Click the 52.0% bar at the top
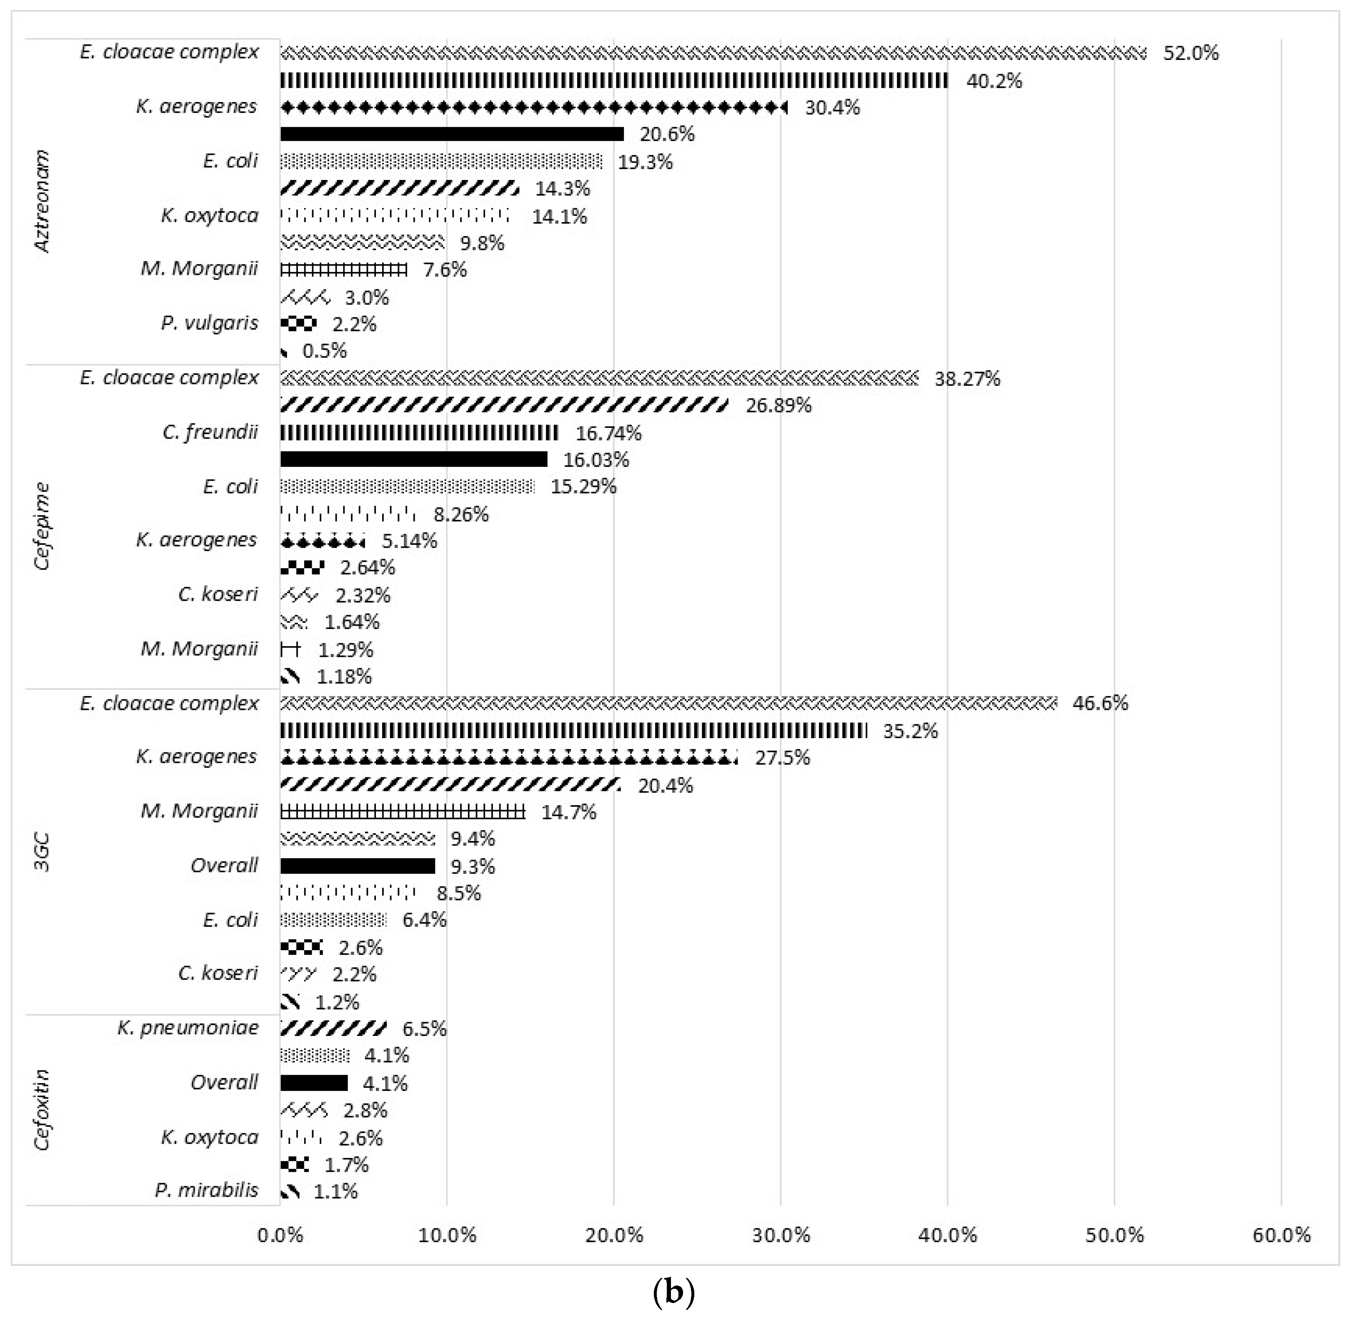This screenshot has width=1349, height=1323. click(713, 53)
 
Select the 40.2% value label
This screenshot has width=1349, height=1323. click(994, 81)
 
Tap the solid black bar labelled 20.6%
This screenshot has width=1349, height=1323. click(452, 134)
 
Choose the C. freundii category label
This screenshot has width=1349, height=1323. click(210, 432)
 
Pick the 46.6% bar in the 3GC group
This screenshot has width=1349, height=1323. click(668, 703)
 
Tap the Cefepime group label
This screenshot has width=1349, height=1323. click(43, 526)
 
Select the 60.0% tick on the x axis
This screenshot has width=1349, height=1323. click(1281, 1235)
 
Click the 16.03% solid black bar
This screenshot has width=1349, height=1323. click(413, 459)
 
